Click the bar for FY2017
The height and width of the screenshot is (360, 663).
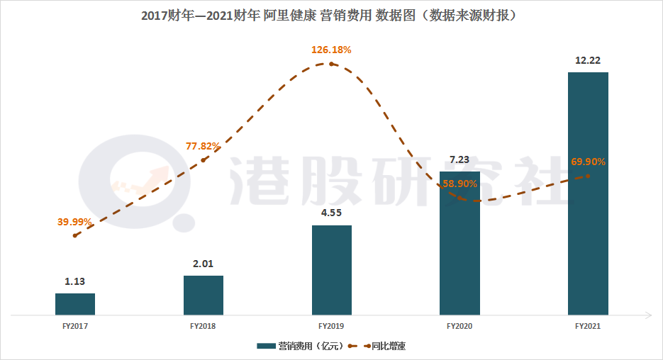[75, 304]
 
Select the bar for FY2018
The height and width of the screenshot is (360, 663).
[204, 295]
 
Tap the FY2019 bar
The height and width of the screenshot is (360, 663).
[332, 270]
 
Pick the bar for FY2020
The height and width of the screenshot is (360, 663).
[459, 243]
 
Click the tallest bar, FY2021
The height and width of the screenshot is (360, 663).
[588, 193]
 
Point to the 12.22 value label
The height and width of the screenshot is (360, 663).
[588, 60]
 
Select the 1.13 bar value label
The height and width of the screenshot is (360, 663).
[75, 281]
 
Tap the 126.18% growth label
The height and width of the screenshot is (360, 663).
[331, 50]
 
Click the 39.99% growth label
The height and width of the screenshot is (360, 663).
[75, 222]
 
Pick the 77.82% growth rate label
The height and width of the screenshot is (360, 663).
[204, 146]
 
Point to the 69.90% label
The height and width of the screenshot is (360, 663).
[588, 162]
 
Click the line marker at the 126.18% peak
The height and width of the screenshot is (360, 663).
[331, 64]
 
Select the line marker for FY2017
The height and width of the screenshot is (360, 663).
[75, 235]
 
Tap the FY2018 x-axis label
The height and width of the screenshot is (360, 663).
[204, 327]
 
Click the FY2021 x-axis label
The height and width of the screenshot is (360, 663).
[588, 327]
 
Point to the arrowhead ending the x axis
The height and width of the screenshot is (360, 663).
[649, 315]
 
